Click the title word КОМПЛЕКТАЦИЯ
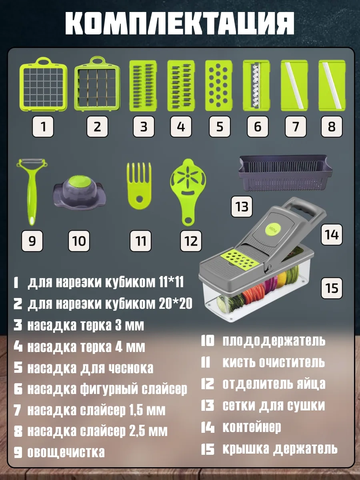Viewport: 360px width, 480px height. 180,23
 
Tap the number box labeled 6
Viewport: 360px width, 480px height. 258,126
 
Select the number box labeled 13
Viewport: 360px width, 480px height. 242,207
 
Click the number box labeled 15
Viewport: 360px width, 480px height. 332,288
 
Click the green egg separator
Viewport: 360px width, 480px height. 188,192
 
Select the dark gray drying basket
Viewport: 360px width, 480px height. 286,173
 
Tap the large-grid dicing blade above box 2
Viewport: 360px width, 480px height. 97,84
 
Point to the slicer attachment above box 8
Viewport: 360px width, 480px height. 332,85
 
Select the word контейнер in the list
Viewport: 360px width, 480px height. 252,427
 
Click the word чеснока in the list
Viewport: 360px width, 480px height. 131,368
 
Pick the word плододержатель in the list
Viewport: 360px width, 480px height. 274,341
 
